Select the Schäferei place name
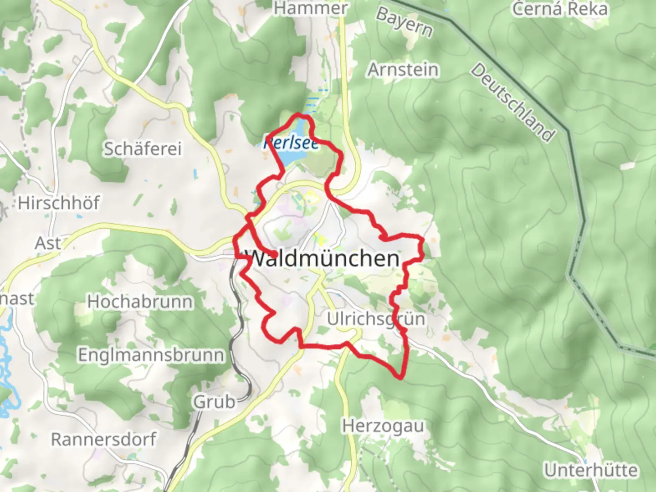coord(143,149)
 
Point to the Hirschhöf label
coord(59,203)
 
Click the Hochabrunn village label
coord(140,302)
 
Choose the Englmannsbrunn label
coord(151,355)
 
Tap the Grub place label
coord(215,402)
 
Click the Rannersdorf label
coord(103,440)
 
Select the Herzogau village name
coord(383,426)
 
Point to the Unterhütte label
coord(591,470)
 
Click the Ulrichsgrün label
coord(376,319)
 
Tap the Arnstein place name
coord(403,70)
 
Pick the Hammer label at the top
coord(311,8)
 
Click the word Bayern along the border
coord(404,22)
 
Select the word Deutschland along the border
coord(513,102)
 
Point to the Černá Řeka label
coord(560,9)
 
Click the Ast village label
coord(47,243)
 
